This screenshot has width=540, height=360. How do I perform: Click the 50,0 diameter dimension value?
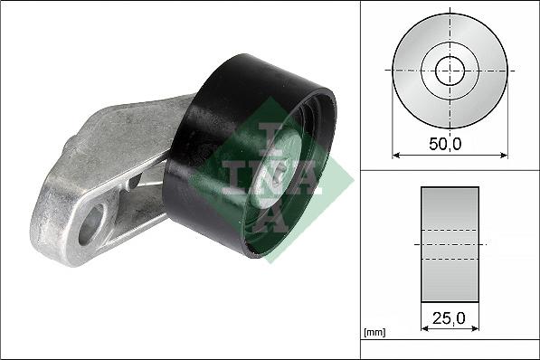pos(450,142)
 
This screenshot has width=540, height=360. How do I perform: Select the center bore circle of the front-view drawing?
pos(450,71)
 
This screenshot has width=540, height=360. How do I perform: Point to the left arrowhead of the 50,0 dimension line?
pos(396,155)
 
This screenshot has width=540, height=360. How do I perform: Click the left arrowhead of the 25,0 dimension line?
pos(425,328)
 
